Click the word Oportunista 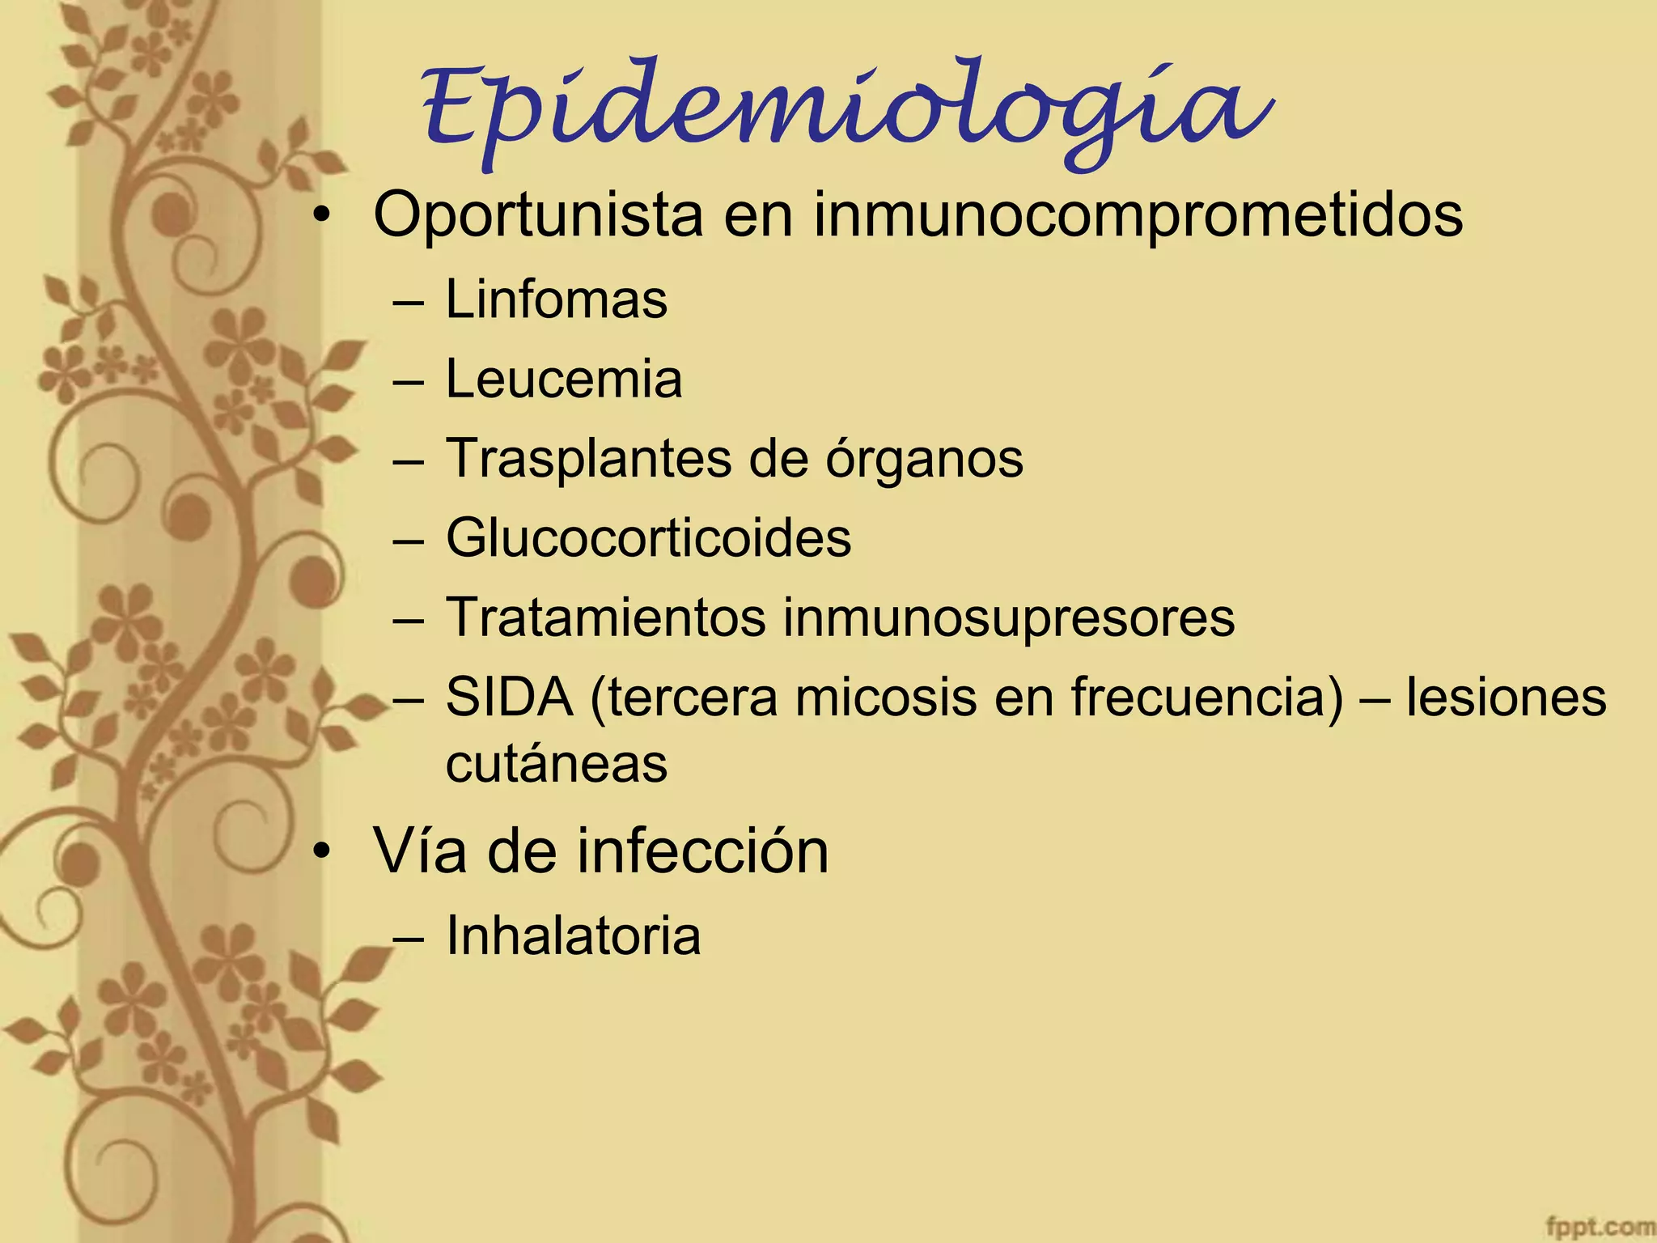[x=538, y=215]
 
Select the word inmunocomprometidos [x=1138, y=215]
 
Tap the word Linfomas [x=557, y=299]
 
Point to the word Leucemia [x=564, y=379]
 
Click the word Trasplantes [x=589, y=458]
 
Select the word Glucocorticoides [x=648, y=537]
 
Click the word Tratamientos [x=605, y=617]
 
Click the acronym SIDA [x=510, y=697]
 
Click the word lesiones [x=1506, y=697]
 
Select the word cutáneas [x=557, y=763]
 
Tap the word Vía [x=419, y=851]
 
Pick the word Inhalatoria [x=573, y=935]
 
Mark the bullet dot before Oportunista [x=323, y=215]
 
